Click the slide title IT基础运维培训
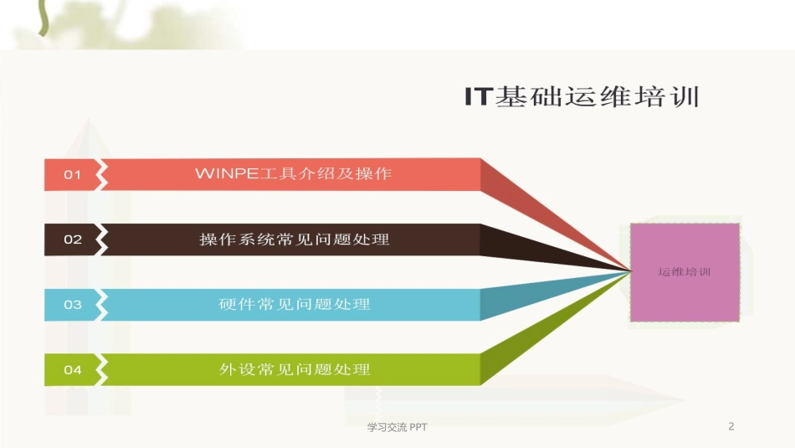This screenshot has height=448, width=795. [582, 97]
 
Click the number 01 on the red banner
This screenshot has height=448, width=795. [73, 174]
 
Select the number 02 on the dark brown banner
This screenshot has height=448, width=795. [73, 239]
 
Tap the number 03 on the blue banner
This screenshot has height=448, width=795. [73, 304]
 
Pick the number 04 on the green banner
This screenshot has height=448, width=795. [73, 369]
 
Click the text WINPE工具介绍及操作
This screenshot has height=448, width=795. [293, 174]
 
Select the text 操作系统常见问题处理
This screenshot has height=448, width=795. [294, 239]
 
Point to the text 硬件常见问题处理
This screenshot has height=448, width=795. [294, 304]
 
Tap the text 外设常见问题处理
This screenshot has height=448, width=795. [294, 369]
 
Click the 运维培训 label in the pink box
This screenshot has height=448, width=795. [684, 271]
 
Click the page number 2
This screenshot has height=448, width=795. [731, 426]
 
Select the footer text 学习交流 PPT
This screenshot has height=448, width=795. [397, 427]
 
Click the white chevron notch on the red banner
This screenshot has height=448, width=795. [102, 174]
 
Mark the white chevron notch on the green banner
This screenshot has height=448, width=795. [102, 369]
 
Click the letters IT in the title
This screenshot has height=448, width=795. [480, 97]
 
